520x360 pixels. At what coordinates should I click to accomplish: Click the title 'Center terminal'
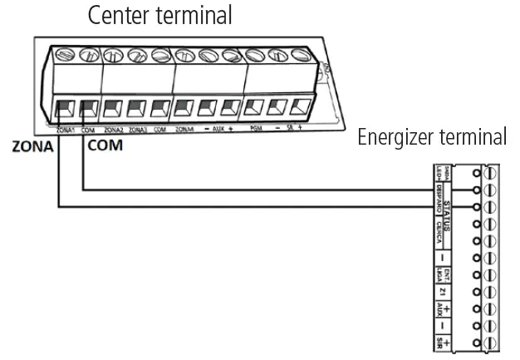159,15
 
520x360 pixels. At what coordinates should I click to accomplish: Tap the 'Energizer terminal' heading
431,137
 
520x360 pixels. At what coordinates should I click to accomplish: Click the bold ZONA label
32,146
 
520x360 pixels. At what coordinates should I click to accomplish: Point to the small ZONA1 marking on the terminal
66,130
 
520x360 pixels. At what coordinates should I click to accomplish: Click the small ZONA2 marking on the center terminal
114,130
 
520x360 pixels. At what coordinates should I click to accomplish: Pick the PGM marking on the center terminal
257,130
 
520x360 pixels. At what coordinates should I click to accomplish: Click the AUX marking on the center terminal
219,130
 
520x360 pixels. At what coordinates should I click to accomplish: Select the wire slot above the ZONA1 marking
63,108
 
